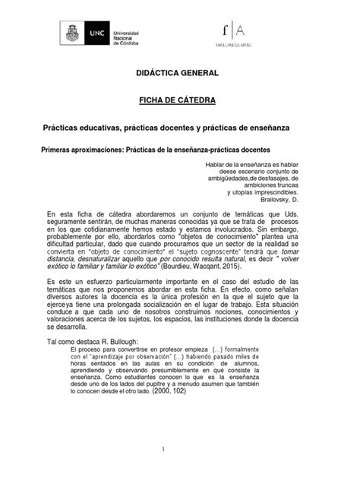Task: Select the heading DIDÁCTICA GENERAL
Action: pyautogui.click(x=180, y=75)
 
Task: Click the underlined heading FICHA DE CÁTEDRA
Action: pyautogui.click(x=180, y=100)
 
